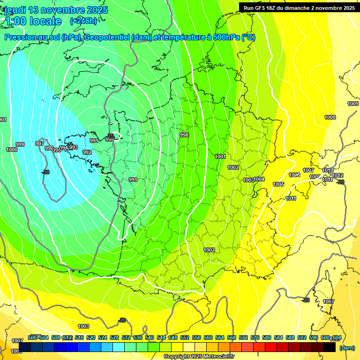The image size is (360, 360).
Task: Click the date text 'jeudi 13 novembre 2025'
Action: [x=56, y=10]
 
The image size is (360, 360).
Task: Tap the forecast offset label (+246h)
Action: [x=83, y=21]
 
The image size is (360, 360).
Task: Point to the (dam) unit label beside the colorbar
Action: [x=347, y=348]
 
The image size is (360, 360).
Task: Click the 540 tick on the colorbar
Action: [x=150, y=337]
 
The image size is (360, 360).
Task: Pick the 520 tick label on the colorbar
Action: [x=91, y=337]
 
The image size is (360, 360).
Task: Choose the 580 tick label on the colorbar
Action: [x=267, y=337]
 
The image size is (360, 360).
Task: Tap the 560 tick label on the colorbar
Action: [x=208, y=337]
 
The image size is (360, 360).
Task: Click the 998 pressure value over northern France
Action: [x=184, y=135]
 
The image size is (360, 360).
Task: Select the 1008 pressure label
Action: [x=330, y=117]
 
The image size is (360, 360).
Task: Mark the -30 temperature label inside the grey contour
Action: [x=45, y=172]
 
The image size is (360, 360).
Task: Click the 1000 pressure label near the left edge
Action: [x=12, y=150]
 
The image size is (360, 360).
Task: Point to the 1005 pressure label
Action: [x=278, y=184]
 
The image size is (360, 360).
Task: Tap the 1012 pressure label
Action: [x=338, y=175]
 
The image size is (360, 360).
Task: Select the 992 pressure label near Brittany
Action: [x=87, y=152]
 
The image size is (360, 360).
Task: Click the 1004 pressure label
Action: [x=259, y=180]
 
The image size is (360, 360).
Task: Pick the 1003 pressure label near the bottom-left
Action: [x=83, y=326]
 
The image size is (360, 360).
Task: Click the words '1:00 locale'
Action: [x=33, y=21]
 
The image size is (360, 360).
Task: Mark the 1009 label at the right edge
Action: [x=353, y=104]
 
